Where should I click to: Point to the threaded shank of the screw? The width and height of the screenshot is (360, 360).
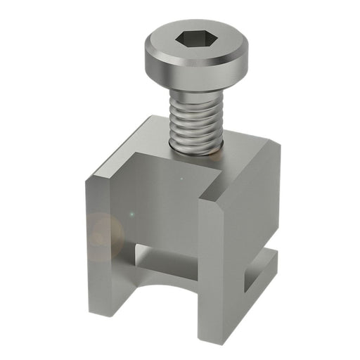point(195,116)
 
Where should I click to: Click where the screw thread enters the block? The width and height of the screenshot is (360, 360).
point(196,150)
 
